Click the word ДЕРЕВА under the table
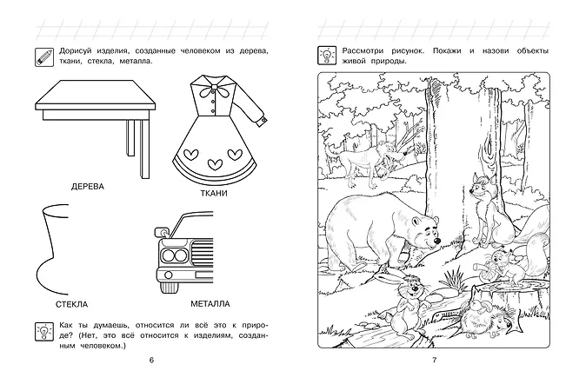pos(88,187)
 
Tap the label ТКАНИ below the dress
pos(214,193)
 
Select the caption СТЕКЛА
pos(72,304)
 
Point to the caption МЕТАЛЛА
pos(210,304)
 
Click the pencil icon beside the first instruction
pos(44,57)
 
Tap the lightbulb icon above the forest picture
pos(327,56)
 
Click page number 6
pos(151,360)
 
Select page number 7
pos(434,360)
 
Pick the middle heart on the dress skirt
pos(215,163)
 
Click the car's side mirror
pos(162,232)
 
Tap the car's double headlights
pos(174,255)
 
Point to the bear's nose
pos(436,242)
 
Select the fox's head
pos(479,186)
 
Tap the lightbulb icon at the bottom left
pos(44,332)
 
